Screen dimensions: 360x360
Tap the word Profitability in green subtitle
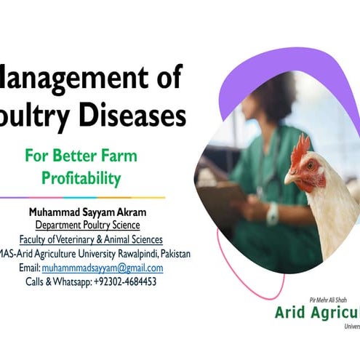[x=81, y=177]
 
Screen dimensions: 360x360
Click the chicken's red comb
[x=300, y=149]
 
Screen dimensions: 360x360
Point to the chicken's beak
[x=289, y=177]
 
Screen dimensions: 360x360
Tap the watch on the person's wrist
[x=273, y=214]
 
